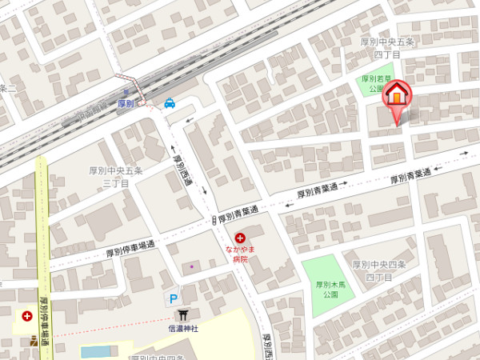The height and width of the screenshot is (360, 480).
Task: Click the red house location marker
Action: pos(396,97)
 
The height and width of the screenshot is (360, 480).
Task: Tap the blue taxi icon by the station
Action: pos(170,102)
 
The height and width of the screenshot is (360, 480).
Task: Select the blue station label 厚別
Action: pos(124,104)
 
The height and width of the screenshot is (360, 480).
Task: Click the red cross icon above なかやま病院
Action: pos(240,238)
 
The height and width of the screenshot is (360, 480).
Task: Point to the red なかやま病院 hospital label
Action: pos(240,254)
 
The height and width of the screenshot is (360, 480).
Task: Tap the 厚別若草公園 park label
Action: pos(374,84)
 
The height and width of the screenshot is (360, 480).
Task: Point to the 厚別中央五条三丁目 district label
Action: pos(116,177)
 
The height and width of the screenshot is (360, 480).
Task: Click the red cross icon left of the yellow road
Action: pos(28,317)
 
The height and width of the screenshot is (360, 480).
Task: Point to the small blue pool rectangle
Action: pos(97,352)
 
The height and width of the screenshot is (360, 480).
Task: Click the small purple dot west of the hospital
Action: pos(191,266)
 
